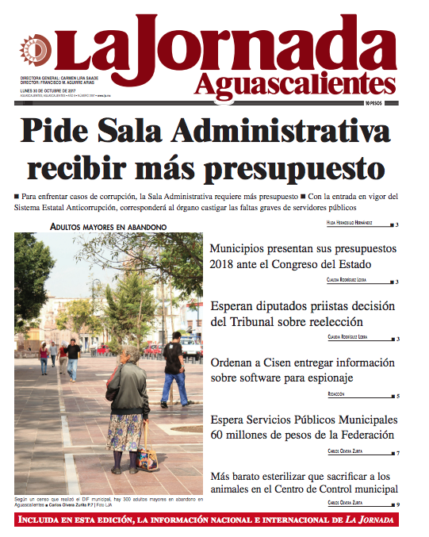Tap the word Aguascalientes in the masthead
tap(293, 82)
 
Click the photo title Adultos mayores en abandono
tap(108, 227)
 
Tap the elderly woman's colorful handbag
tap(147, 457)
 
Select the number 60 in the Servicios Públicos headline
tap(217, 435)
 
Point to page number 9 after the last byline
tap(396, 504)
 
